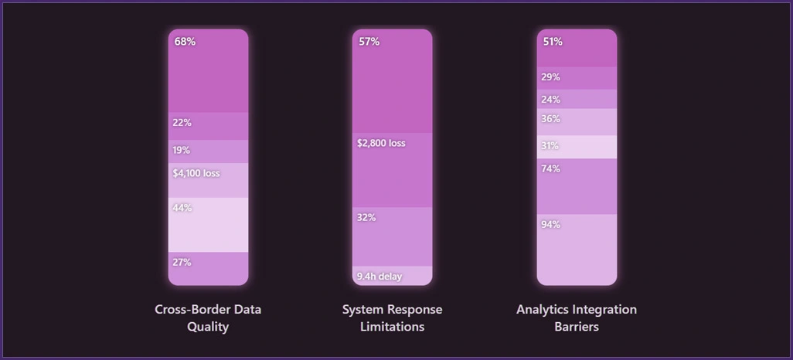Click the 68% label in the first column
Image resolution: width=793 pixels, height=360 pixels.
[x=185, y=42]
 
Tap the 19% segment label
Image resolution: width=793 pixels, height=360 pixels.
[x=182, y=150]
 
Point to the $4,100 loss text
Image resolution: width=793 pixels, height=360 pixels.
[x=196, y=173]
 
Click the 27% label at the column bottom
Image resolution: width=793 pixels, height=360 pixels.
[x=182, y=262]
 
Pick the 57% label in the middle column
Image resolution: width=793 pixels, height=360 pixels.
[x=369, y=42]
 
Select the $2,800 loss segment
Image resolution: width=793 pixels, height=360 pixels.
[x=381, y=143]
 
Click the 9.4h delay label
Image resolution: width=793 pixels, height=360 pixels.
[x=379, y=276]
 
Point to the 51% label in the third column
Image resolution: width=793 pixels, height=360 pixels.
[x=553, y=42]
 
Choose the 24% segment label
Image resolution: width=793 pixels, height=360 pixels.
[x=551, y=100]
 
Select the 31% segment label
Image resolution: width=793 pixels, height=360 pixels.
[x=550, y=145]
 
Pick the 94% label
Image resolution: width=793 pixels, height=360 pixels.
[x=551, y=225]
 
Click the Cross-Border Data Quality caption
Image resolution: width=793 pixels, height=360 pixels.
[x=208, y=318]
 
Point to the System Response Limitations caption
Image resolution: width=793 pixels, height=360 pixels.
[x=393, y=318]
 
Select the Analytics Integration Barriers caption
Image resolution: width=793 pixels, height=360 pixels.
[x=577, y=318]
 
